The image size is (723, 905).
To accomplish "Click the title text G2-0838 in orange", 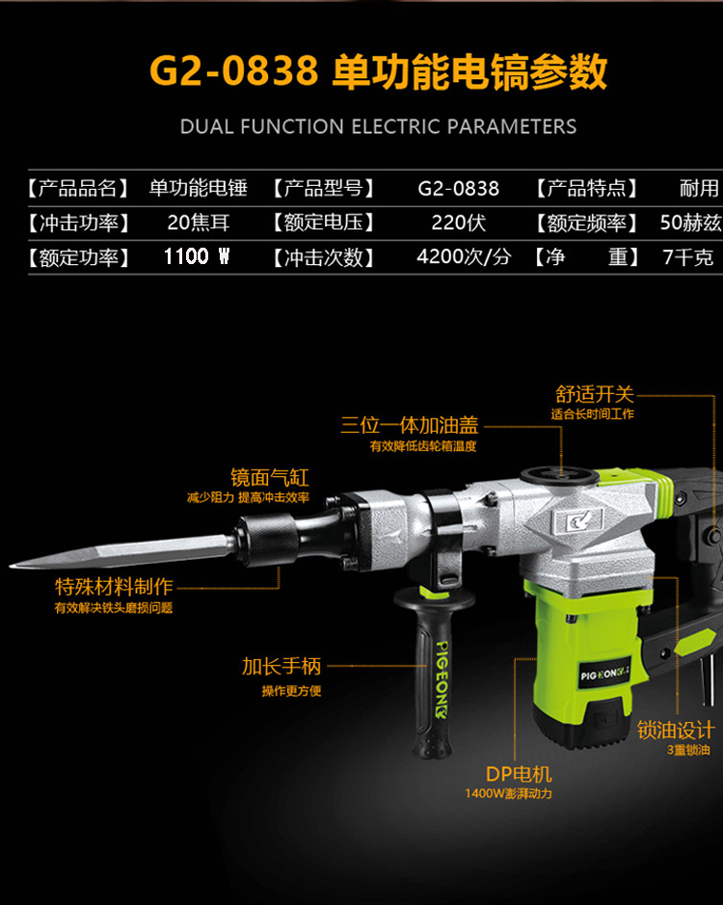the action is click(234, 70).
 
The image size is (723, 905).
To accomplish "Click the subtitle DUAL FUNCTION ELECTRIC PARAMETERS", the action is click(378, 126).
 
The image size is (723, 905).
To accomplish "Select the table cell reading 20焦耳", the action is click(199, 223).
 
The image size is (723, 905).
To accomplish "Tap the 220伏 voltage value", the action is click(459, 223).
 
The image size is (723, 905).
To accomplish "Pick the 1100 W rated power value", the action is click(197, 256).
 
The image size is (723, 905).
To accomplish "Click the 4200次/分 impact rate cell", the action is click(465, 256).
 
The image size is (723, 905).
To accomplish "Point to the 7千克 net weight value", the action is click(688, 256).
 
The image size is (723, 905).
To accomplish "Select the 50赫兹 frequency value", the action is click(690, 223).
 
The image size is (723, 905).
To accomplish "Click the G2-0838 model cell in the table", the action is click(459, 188).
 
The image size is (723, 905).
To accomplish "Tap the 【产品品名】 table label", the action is click(79, 188).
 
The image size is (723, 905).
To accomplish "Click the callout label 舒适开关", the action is click(595, 394).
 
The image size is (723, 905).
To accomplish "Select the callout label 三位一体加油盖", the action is click(410, 425).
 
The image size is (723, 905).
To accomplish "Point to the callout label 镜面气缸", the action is click(270, 477).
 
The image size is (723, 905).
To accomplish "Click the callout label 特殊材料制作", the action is click(114, 586).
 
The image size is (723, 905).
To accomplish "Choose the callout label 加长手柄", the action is click(281, 666).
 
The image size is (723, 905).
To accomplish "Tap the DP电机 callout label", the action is click(519, 774).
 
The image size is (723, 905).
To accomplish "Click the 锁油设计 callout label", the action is click(676, 731).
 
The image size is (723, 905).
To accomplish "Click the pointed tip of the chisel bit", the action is click(12, 566).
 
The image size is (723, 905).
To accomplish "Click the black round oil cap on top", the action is click(559, 475).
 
